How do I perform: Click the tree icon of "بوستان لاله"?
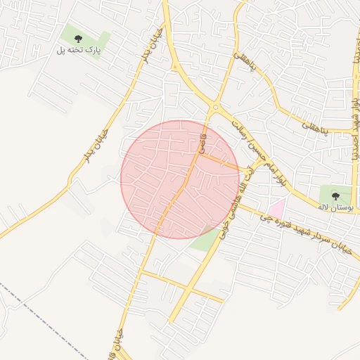335,194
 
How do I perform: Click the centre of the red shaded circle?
180,179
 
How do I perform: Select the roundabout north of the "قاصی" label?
214,108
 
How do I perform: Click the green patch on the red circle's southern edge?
204,240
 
